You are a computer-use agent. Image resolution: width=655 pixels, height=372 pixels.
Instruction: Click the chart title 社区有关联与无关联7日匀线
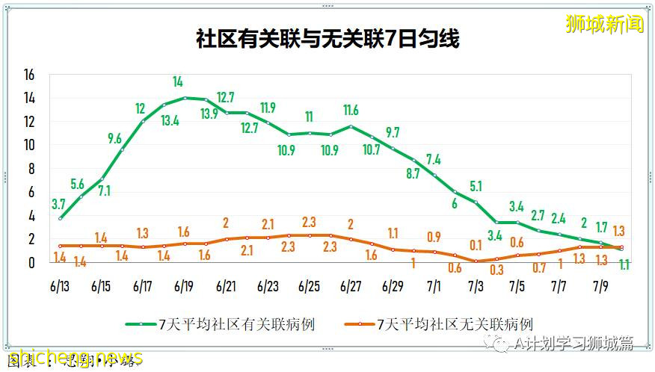[327, 39]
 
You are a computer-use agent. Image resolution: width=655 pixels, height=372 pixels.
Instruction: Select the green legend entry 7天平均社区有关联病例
[237, 324]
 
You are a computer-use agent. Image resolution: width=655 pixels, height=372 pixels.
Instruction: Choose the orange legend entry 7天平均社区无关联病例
[455, 324]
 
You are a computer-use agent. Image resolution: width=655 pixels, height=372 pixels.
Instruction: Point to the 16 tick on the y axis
[29, 75]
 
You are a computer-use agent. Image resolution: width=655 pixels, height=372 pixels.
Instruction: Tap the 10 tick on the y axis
[29, 145]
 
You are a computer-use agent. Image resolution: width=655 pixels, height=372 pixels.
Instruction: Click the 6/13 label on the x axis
[60, 286]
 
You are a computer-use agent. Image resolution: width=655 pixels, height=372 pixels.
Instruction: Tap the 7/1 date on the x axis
[434, 286]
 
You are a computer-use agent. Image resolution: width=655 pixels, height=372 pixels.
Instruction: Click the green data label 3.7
[59, 203]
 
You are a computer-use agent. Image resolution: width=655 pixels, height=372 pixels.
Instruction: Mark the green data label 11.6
[351, 111]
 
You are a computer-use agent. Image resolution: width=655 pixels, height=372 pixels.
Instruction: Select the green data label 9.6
[114, 138]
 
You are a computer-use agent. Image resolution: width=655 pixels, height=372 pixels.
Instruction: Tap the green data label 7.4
[434, 158]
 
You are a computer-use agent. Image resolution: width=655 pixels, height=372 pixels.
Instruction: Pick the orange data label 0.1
[476, 244]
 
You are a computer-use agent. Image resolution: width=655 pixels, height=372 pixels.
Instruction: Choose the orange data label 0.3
[495, 270]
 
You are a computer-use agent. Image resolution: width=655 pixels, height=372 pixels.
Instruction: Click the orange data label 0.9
[434, 237]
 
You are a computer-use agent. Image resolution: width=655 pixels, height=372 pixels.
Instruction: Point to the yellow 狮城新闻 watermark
[605, 24]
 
